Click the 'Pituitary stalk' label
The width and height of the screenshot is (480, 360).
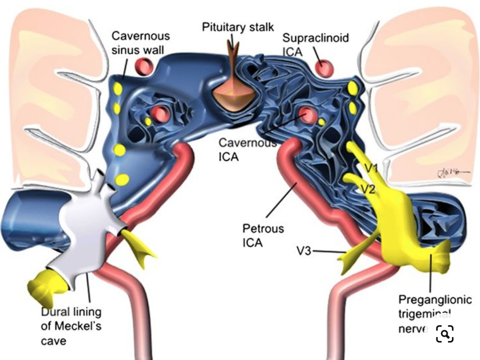tap(238, 27)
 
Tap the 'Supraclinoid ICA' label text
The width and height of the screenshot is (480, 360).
tap(315, 44)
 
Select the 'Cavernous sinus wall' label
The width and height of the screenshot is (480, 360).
tap(140, 43)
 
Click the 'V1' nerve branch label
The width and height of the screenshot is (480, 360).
tap(371, 168)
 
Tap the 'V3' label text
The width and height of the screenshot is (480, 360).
tap(304, 250)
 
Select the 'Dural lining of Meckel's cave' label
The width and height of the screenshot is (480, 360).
tap(71, 326)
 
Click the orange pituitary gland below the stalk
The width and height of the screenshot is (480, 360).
tap(232, 97)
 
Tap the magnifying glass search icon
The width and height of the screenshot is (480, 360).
tap(444, 334)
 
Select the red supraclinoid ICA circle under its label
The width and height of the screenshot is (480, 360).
tap(325, 68)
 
